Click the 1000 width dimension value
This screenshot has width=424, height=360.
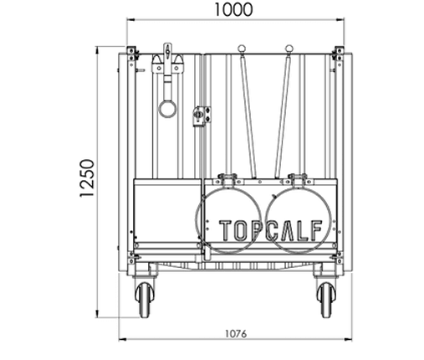pyautogui.click(x=233, y=9)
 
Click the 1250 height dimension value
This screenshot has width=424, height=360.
pyautogui.click(x=87, y=178)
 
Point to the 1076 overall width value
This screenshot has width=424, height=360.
pyautogui.click(x=236, y=334)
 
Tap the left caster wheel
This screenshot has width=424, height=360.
pyautogui.click(x=145, y=300)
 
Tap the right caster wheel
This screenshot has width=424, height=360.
pyautogui.click(x=326, y=300)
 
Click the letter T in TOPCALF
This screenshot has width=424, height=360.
pyautogui.click(x=225, y=230)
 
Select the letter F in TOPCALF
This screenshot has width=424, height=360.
pyautogui.click(x=316, y=230)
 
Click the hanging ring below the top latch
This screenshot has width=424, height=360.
pyautogui.click(x=167, y=109)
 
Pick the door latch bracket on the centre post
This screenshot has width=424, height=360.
pyautogui.click(x=202, y=116)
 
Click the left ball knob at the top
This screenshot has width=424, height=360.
pyautogui.click(x=242, y=49)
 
